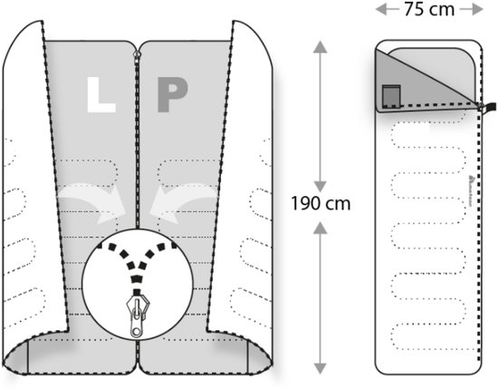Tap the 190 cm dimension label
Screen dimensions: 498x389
click(321, 203)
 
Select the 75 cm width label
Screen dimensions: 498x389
click(429, 9)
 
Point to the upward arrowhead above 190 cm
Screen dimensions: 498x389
click(321, 47)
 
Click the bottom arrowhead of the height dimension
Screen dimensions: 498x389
click(321, 368)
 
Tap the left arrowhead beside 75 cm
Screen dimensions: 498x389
click(381, 9)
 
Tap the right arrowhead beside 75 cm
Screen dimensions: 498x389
click(477, 9)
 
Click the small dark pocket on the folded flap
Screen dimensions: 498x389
click(391, 96)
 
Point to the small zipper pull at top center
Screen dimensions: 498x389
click(138, 54)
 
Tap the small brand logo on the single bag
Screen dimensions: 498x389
click(471, 190)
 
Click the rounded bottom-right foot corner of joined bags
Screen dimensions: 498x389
click(260, 356)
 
